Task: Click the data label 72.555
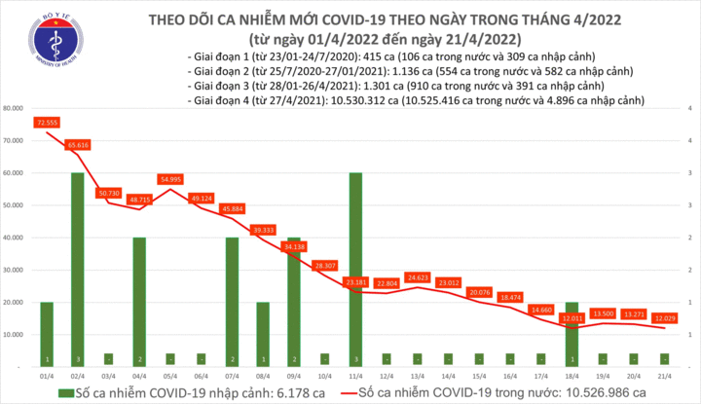tap(46, 124)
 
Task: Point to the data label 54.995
tap(170, 180)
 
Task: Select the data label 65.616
tap(78, 145)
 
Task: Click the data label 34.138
tap(294, 247)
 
